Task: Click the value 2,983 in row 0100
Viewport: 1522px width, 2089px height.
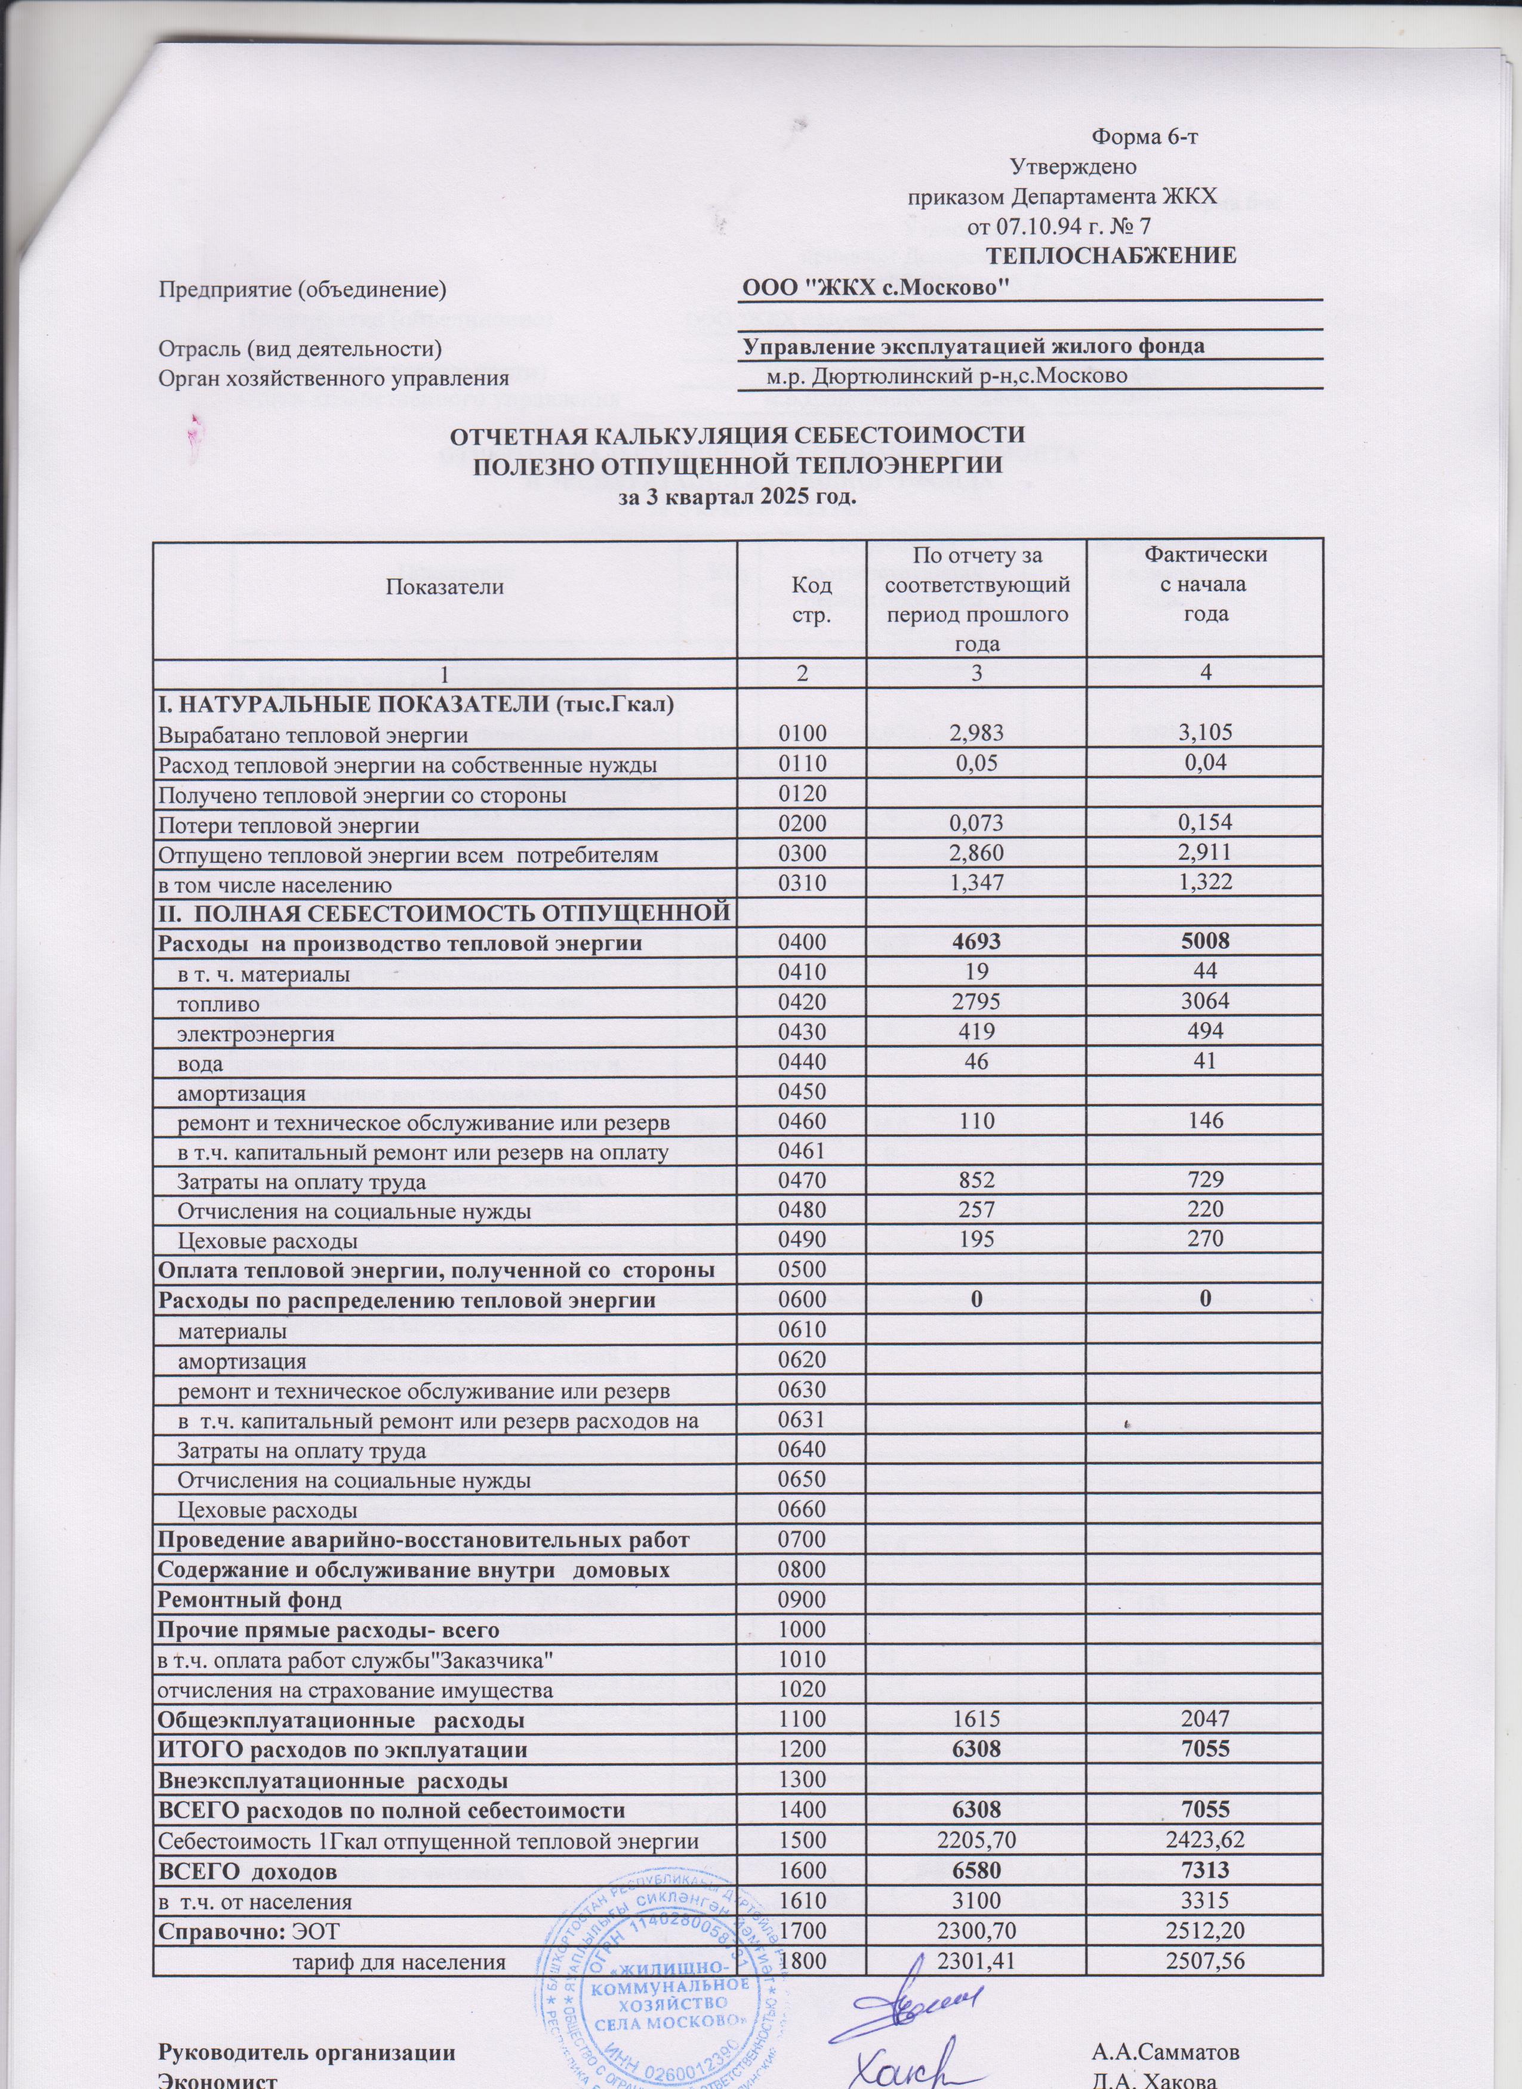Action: point(976,734)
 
